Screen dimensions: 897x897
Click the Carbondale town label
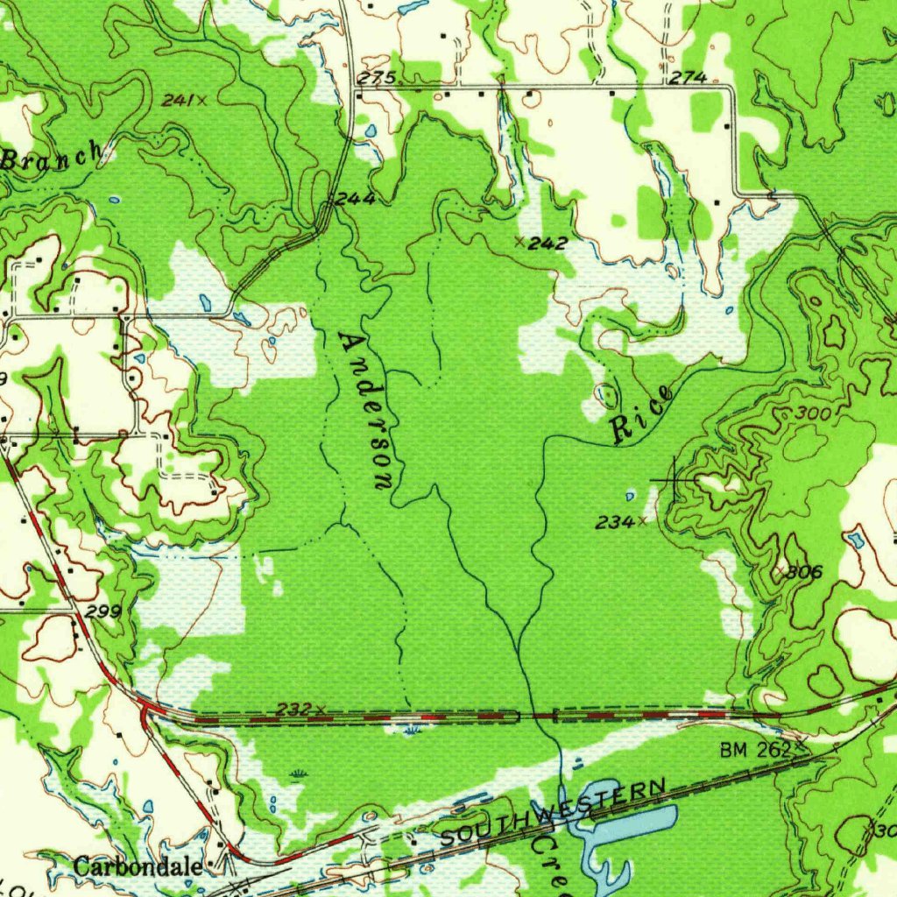138,867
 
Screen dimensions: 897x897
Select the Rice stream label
641,414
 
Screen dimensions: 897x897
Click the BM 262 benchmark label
755,750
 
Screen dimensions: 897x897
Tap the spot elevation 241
178,101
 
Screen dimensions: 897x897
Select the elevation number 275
375,79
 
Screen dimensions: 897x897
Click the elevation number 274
688,78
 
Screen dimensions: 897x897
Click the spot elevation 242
548,243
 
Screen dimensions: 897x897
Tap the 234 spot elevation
615,522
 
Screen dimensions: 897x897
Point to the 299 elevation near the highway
103,611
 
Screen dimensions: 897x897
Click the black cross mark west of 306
674,481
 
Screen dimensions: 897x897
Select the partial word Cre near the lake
552,862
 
